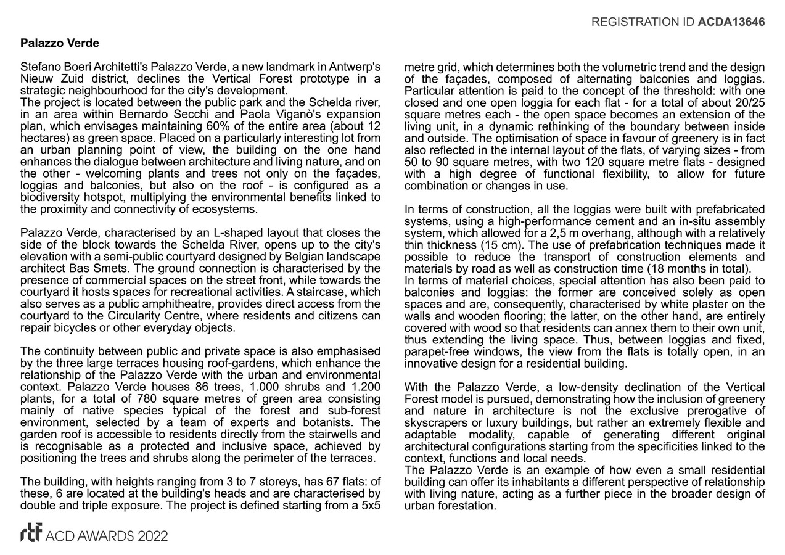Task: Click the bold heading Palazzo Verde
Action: pos(59,44)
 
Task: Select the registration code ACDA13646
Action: pos(731,22)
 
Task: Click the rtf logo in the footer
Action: pos(31,534)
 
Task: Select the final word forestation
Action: pos(467,506)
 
